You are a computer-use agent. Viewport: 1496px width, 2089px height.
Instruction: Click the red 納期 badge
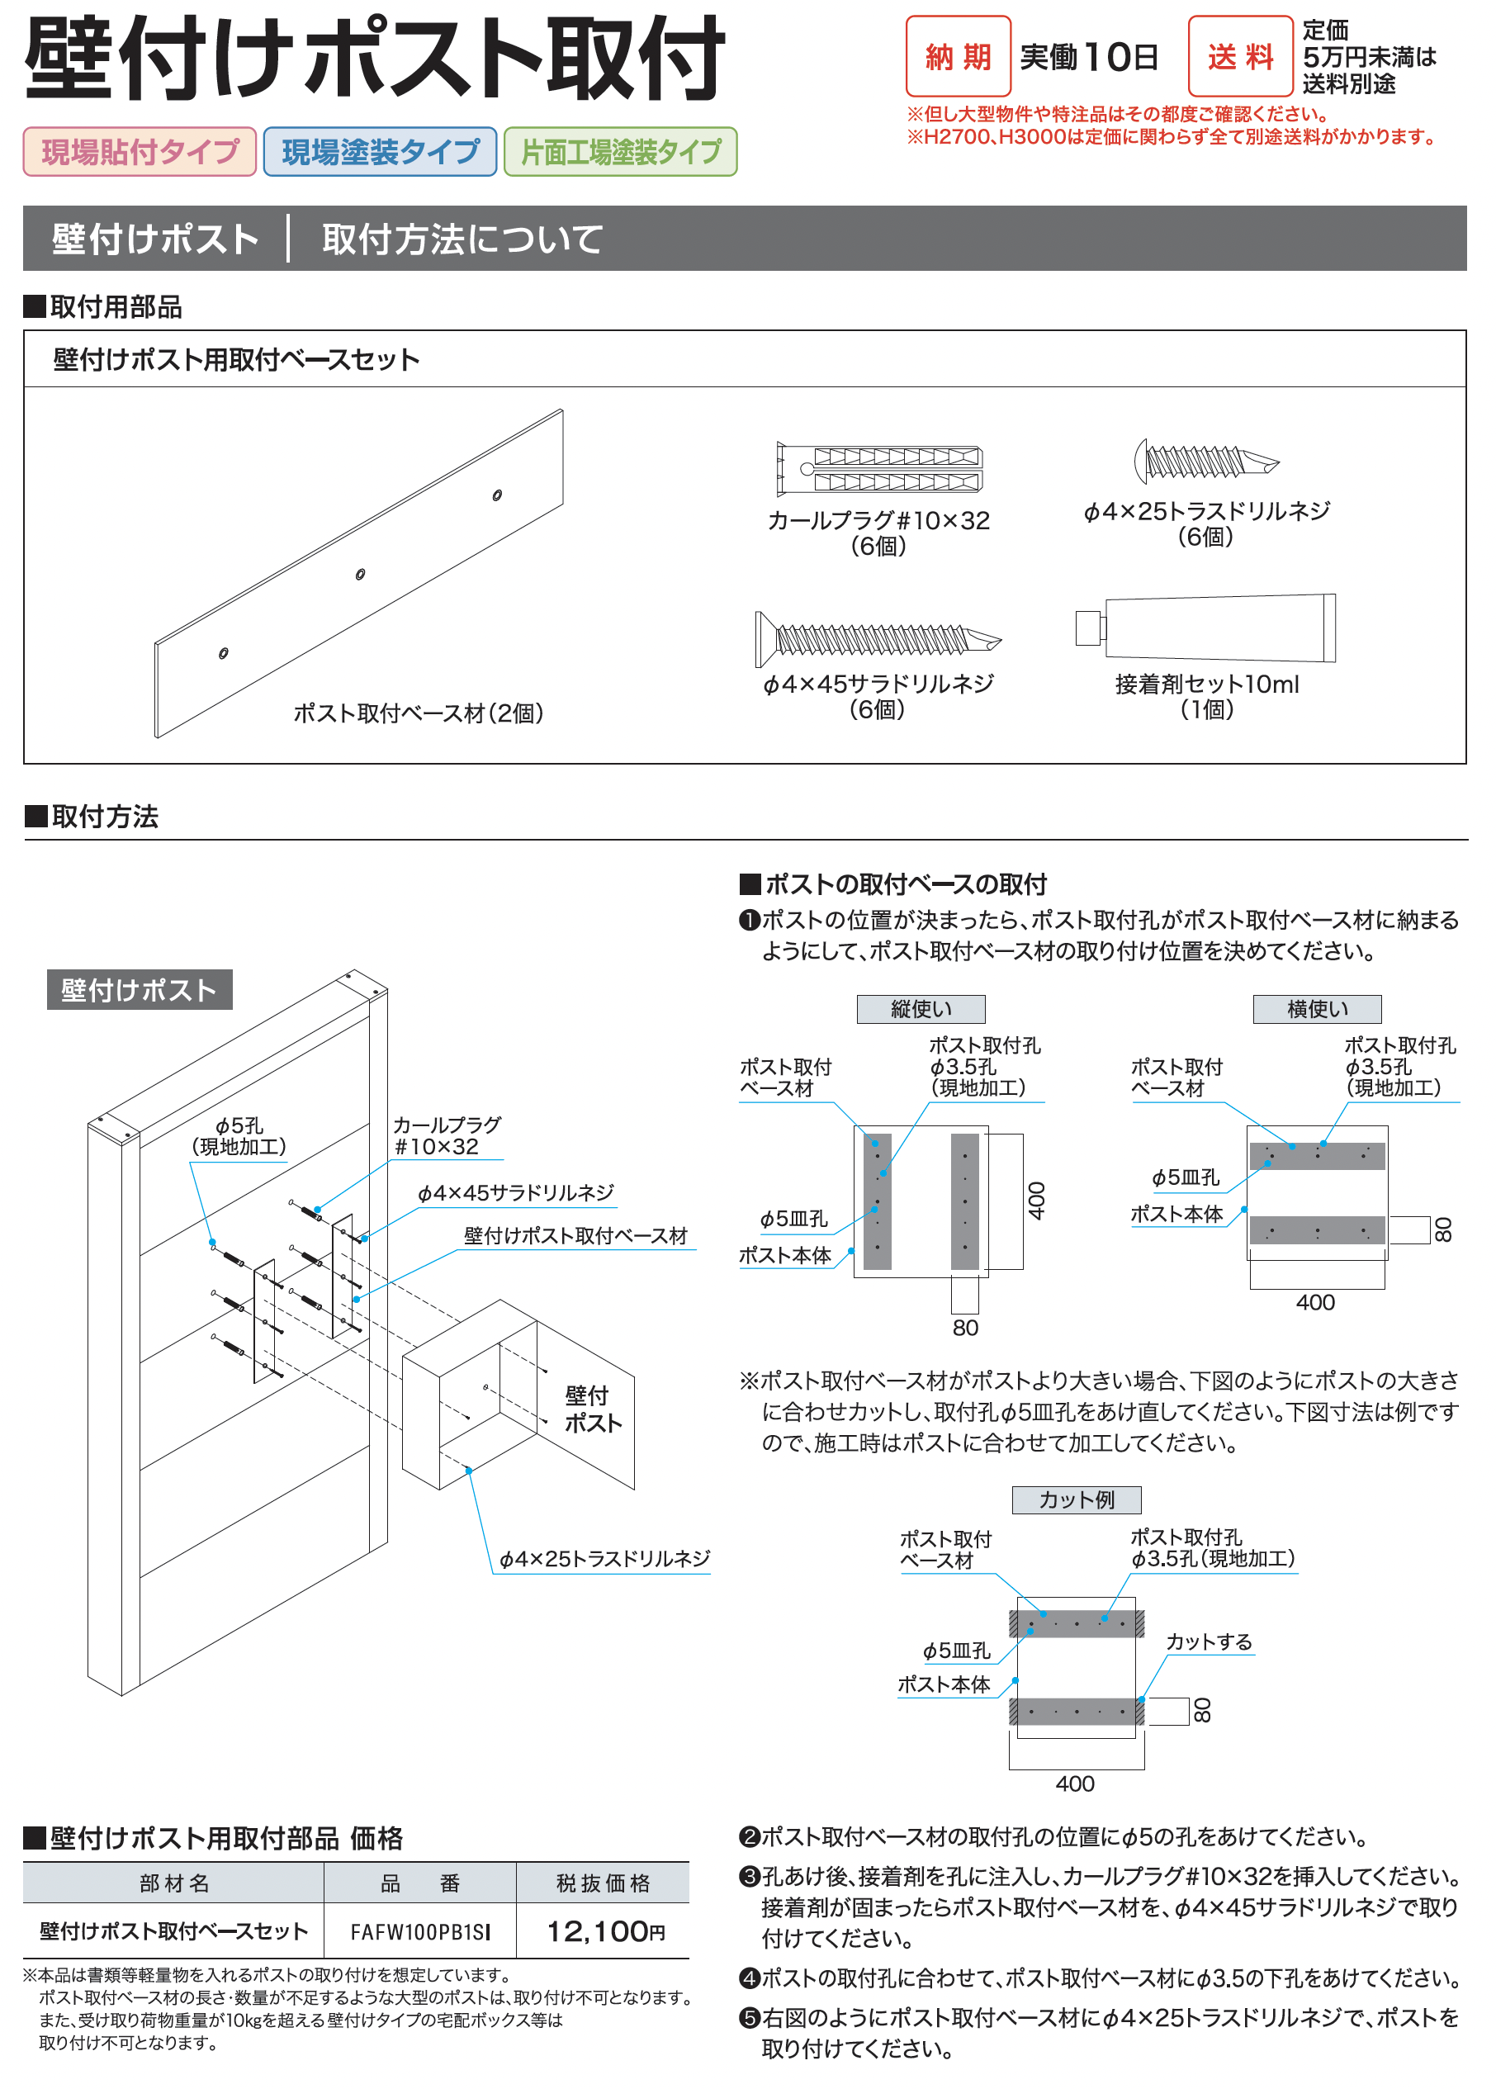click(958, 56)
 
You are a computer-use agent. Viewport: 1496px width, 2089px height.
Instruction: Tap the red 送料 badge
click(1240, 56)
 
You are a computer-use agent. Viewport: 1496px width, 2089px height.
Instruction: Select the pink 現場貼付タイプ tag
click(139, 152)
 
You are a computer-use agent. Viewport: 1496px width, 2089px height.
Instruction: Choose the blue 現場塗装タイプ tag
click(380, 152)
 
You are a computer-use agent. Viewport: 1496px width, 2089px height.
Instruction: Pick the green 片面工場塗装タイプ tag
click(620, 152)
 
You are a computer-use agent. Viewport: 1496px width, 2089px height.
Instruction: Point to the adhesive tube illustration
click(1207, 628)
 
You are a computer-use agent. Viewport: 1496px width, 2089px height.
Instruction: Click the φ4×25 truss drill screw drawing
click(1206, 460)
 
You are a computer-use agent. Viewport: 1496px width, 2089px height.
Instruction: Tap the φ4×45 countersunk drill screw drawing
click(877, 638)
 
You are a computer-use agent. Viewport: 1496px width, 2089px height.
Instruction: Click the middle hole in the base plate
click(360, 575)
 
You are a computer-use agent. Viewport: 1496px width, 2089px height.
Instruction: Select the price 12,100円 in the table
click(604, 1931)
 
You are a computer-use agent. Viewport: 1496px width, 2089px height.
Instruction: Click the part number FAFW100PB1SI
click(420, 1931)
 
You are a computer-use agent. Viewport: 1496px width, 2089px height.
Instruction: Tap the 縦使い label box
click(921, 1008)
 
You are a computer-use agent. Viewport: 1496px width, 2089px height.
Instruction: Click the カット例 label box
click(1076, 1499)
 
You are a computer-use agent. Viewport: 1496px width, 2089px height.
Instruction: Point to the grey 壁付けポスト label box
click(139, 989)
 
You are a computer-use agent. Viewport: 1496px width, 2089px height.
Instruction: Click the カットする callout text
click(1209, 1641)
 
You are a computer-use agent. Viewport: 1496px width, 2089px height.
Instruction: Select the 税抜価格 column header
click(604, 1883)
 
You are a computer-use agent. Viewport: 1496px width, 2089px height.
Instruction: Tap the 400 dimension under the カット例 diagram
click(1075, 1784)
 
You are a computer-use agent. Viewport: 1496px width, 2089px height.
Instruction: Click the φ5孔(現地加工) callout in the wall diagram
click(239, 1135)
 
